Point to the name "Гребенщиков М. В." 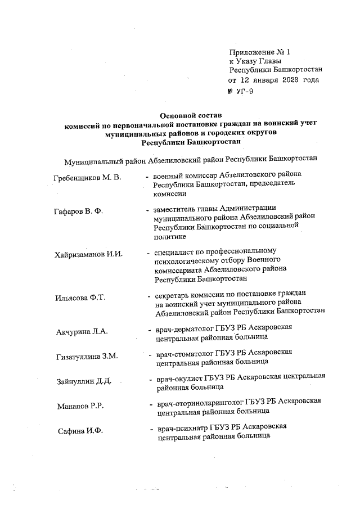[87, 178]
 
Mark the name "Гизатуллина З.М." [87, 357]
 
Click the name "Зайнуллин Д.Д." [84, 382]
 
